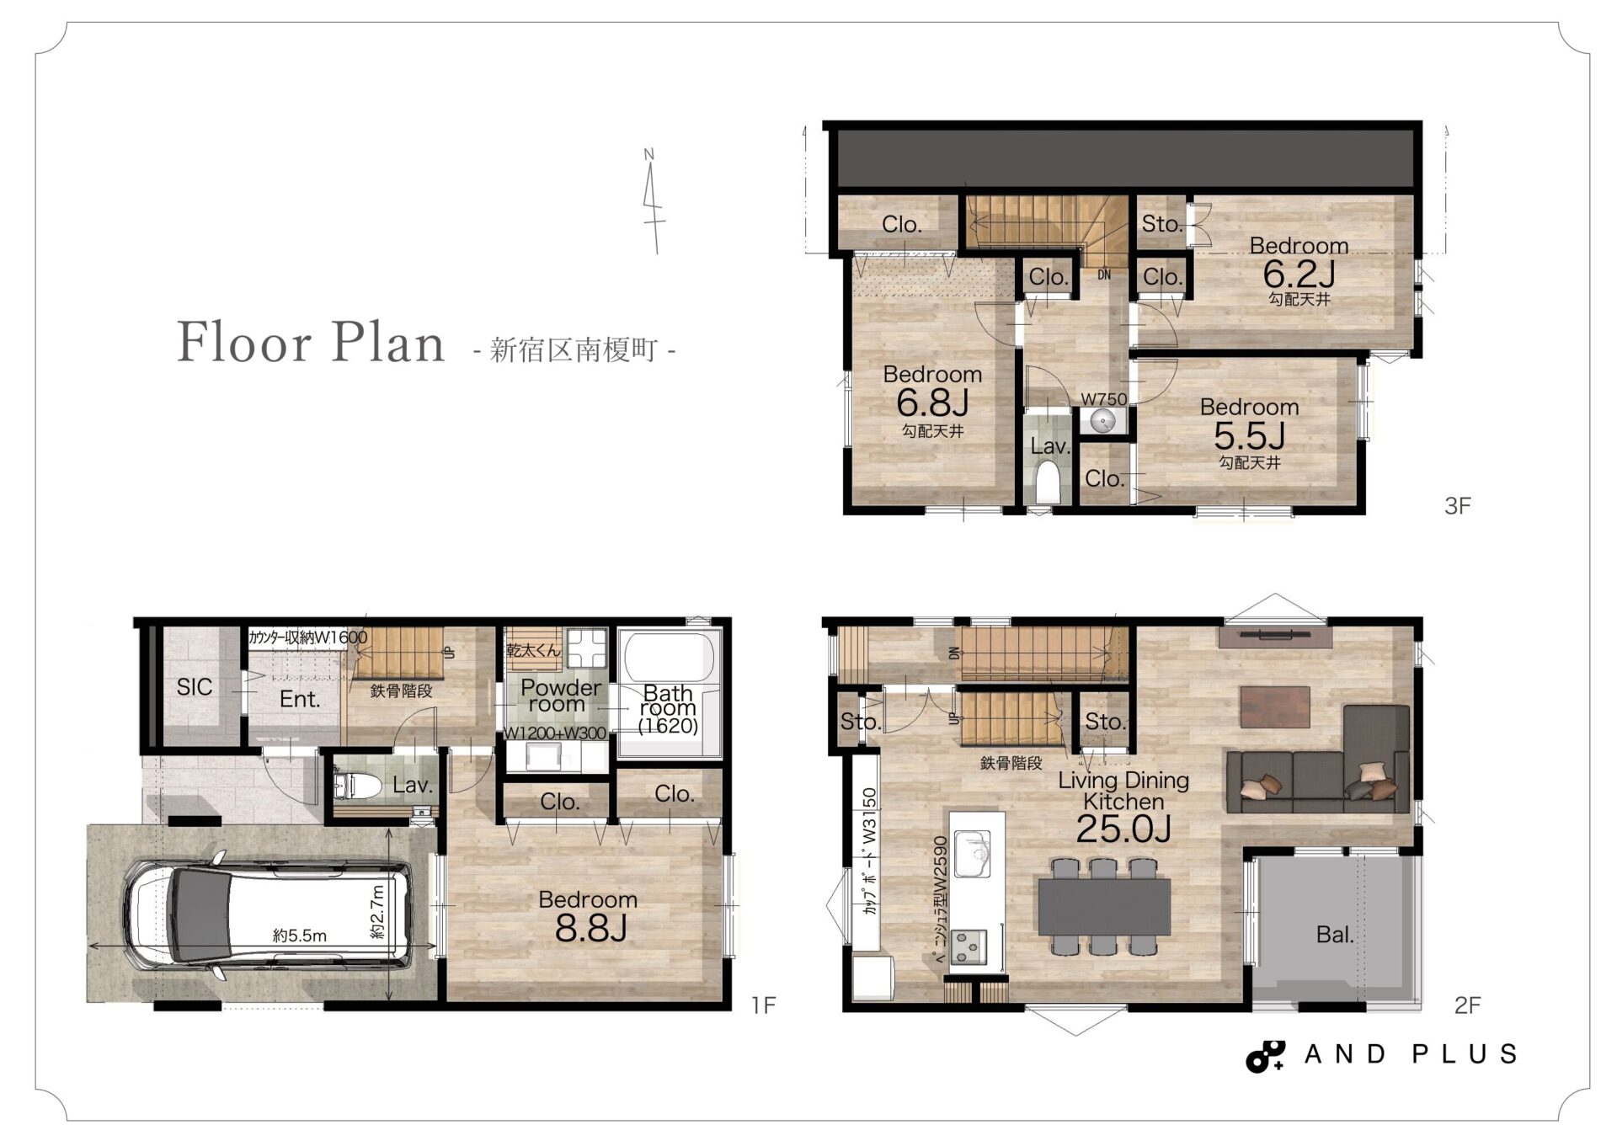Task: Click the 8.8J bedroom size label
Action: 591,929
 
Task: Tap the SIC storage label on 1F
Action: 195,687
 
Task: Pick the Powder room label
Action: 560,696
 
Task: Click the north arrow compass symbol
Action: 651,202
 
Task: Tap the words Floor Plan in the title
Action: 311,343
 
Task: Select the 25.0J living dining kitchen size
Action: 1123,829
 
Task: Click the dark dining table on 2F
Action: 1104,907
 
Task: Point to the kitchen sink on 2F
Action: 972,854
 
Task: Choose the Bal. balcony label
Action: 1335,935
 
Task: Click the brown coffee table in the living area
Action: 1274,706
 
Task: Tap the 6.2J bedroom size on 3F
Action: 1299,274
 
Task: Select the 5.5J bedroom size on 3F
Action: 1249,435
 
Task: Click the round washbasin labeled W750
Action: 1102,419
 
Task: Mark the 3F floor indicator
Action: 1457,505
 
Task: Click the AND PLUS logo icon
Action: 1265,1056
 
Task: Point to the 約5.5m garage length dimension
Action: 300,935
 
